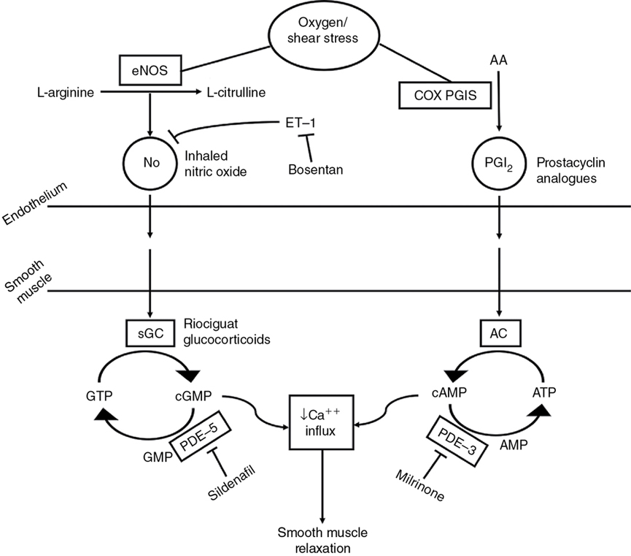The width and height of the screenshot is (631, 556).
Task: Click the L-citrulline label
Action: coord(236,94)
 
